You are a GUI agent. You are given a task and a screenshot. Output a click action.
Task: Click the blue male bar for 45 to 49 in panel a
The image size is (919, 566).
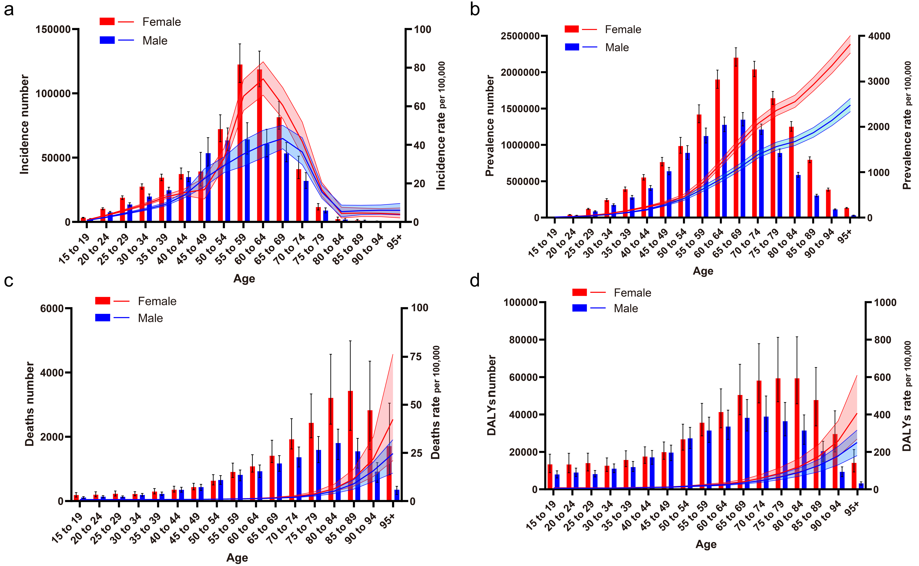208,187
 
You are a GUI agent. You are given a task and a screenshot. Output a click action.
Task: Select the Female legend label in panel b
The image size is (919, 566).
623,30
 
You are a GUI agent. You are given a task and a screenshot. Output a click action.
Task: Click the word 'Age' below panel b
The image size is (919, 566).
703,271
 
